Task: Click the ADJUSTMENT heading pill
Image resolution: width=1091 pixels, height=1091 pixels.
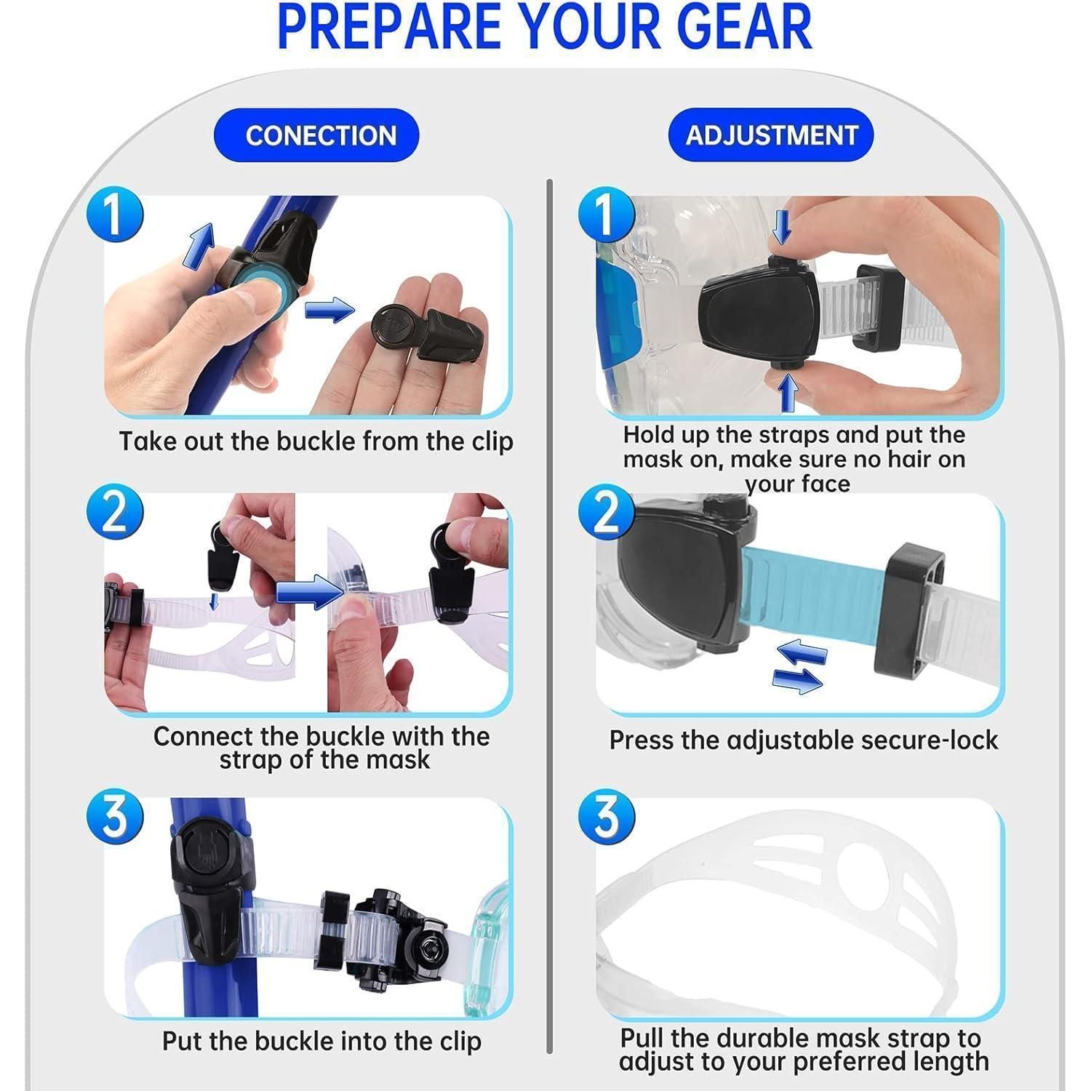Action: (x=771, y=135)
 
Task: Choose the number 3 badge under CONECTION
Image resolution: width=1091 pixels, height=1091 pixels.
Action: (x=115, y=816)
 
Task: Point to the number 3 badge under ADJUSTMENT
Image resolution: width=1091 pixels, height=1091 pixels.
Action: (x=607, y=816)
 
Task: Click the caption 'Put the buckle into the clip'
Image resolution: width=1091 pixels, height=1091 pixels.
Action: (x=321, y=1041)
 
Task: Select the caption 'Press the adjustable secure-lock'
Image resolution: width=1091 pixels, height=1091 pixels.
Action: (x=804, y=740)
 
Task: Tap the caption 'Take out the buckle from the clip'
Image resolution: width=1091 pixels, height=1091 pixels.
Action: (x=316, y=441)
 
